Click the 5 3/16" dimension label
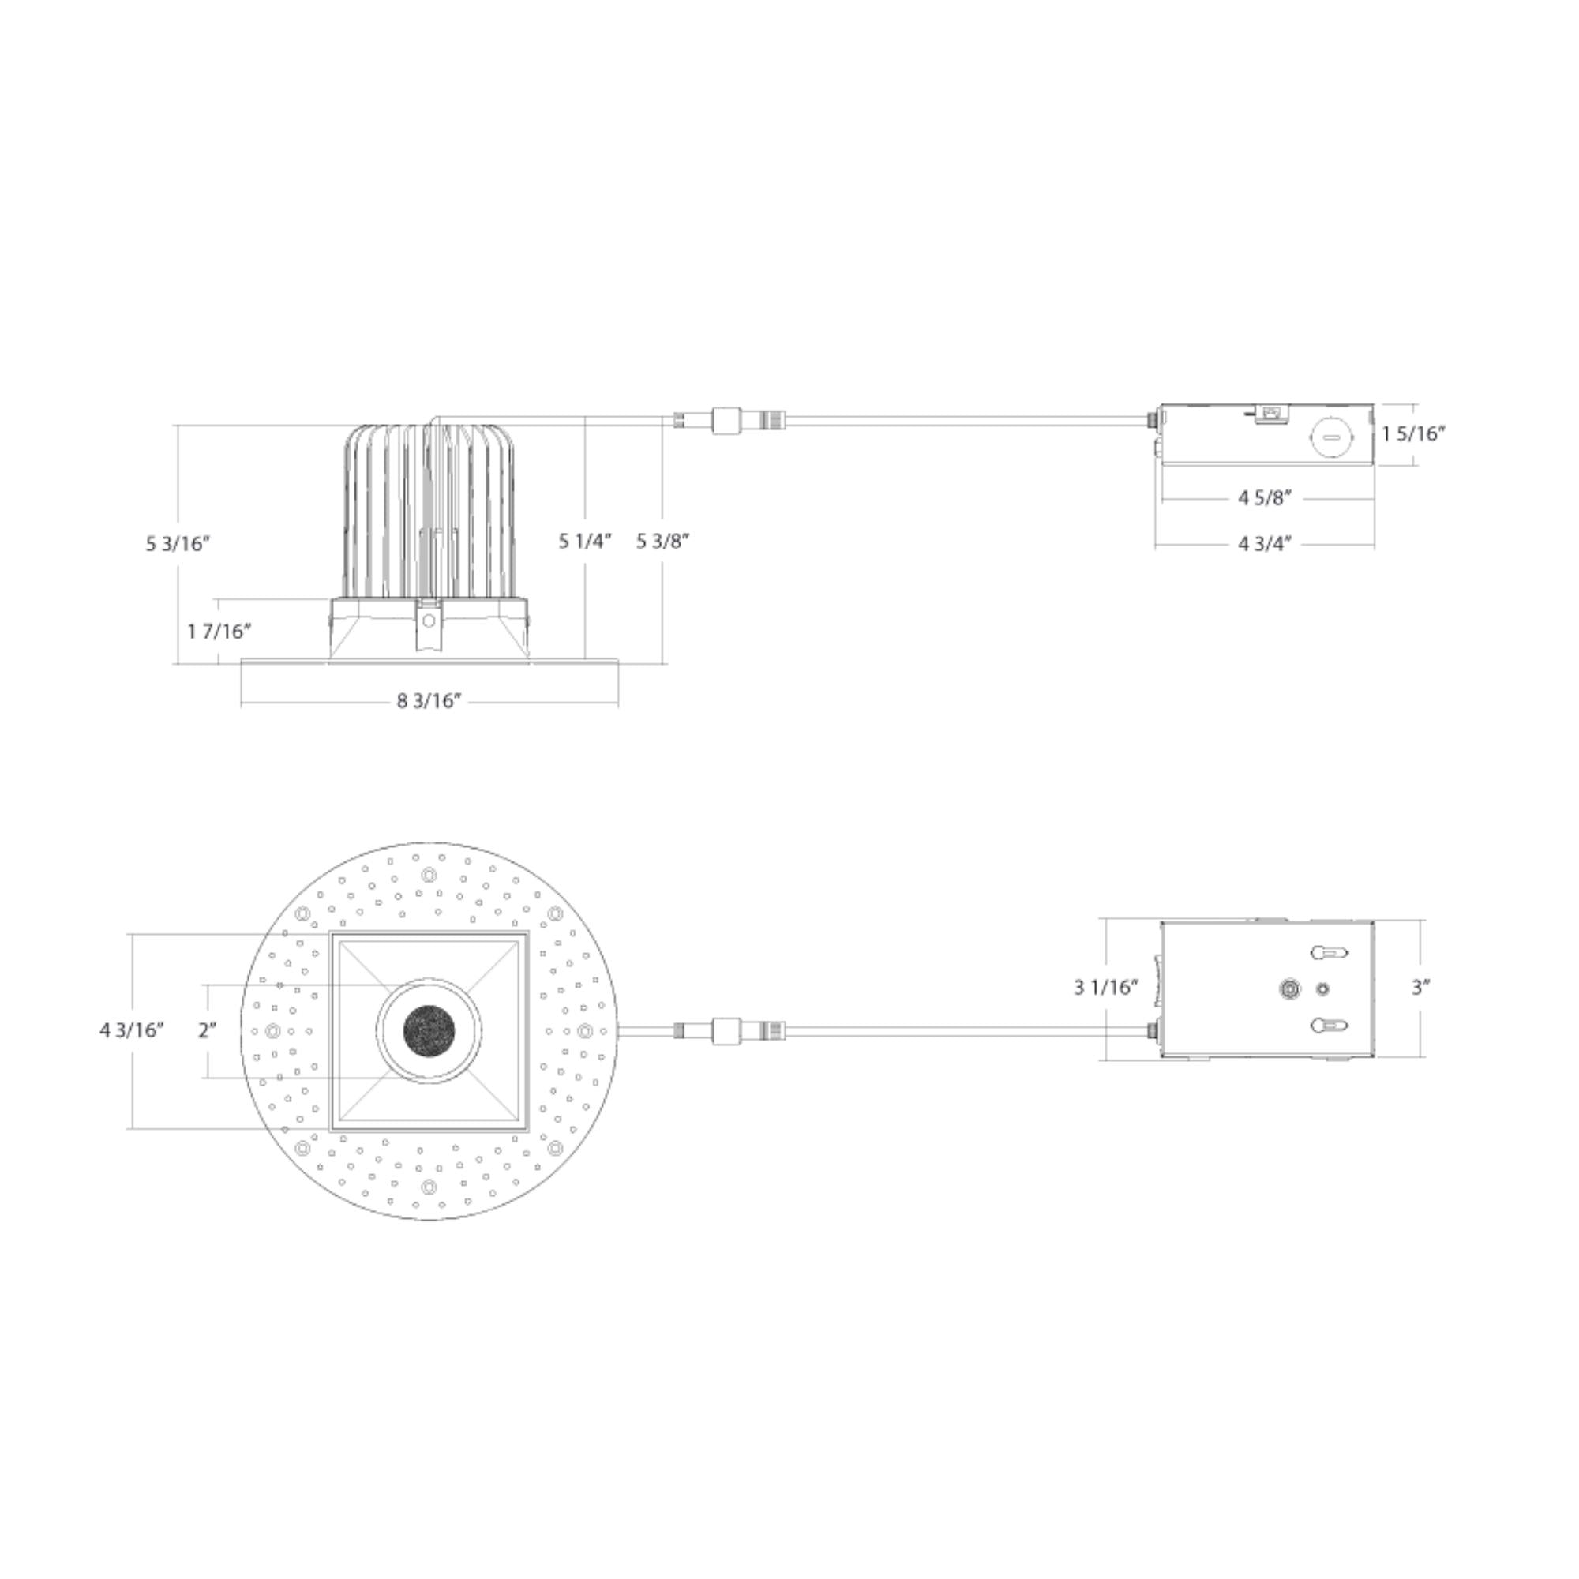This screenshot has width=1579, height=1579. [178, 543]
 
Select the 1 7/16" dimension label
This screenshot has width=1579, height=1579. [218, 631]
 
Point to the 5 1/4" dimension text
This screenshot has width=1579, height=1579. [585, 541]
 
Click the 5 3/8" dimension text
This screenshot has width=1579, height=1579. [664, 541]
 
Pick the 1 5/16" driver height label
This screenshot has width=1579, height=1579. [1414, 433]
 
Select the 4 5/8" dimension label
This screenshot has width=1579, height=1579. [1264, 497]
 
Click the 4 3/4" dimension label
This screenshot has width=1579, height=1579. [1264, 543]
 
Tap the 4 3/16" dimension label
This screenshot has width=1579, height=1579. [133, 1030]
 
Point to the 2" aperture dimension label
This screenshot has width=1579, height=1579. [208, 1030]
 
